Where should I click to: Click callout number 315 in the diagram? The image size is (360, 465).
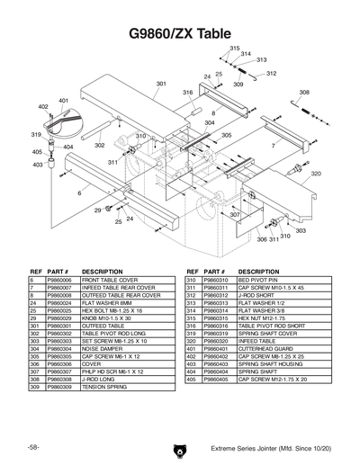pos(235,47)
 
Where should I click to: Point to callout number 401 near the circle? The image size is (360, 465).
pos(64,101)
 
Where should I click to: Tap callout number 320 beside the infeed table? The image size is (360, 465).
pos(316,174)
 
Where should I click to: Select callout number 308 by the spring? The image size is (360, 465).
pos(304,93)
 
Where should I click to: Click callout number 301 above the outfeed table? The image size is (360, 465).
pos(161,84)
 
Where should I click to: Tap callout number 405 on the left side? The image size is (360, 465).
pos(37,152)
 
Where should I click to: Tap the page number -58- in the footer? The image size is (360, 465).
pos(32,447)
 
